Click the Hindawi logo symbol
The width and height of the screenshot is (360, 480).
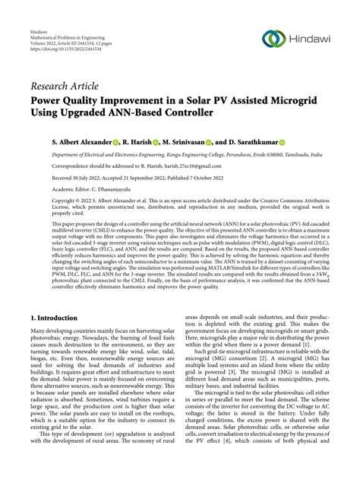point(274,38)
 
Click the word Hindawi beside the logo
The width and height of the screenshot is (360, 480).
point(312,38)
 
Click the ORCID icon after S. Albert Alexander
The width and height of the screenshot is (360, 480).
point(117,142)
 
